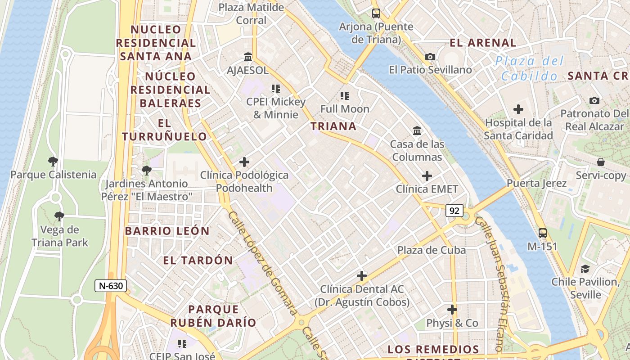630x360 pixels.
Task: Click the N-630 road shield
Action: [x=111, y=286]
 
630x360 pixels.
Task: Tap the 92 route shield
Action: [x=454, y=210]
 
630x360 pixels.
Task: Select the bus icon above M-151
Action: [x=543, y=233]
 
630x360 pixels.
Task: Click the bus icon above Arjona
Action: [x=376, y=13]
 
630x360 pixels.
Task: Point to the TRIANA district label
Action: [x=333, y=126]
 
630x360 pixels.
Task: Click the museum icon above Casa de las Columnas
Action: [x=417, y=131]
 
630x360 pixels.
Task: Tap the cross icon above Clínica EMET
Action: [x=427, y=176]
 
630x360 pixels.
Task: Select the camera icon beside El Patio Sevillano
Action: [x=430, y=57]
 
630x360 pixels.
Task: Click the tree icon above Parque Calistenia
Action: [x=53, y=162]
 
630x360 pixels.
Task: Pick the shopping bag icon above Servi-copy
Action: [x=600, y=162]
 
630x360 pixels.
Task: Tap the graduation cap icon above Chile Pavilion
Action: [x=585, y=269]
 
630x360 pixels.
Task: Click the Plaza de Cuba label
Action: [x=431, y=250]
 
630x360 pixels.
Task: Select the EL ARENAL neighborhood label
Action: [x=483, y=43]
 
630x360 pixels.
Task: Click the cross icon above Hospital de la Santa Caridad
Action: [x=518, y=109]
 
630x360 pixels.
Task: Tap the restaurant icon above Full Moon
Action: [x=345, y=95]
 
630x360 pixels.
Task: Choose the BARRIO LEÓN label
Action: [x=167, y=231]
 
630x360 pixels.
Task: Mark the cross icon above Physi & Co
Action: [x=452, y=310]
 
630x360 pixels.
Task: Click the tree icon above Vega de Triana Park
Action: [x=59, y=216]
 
